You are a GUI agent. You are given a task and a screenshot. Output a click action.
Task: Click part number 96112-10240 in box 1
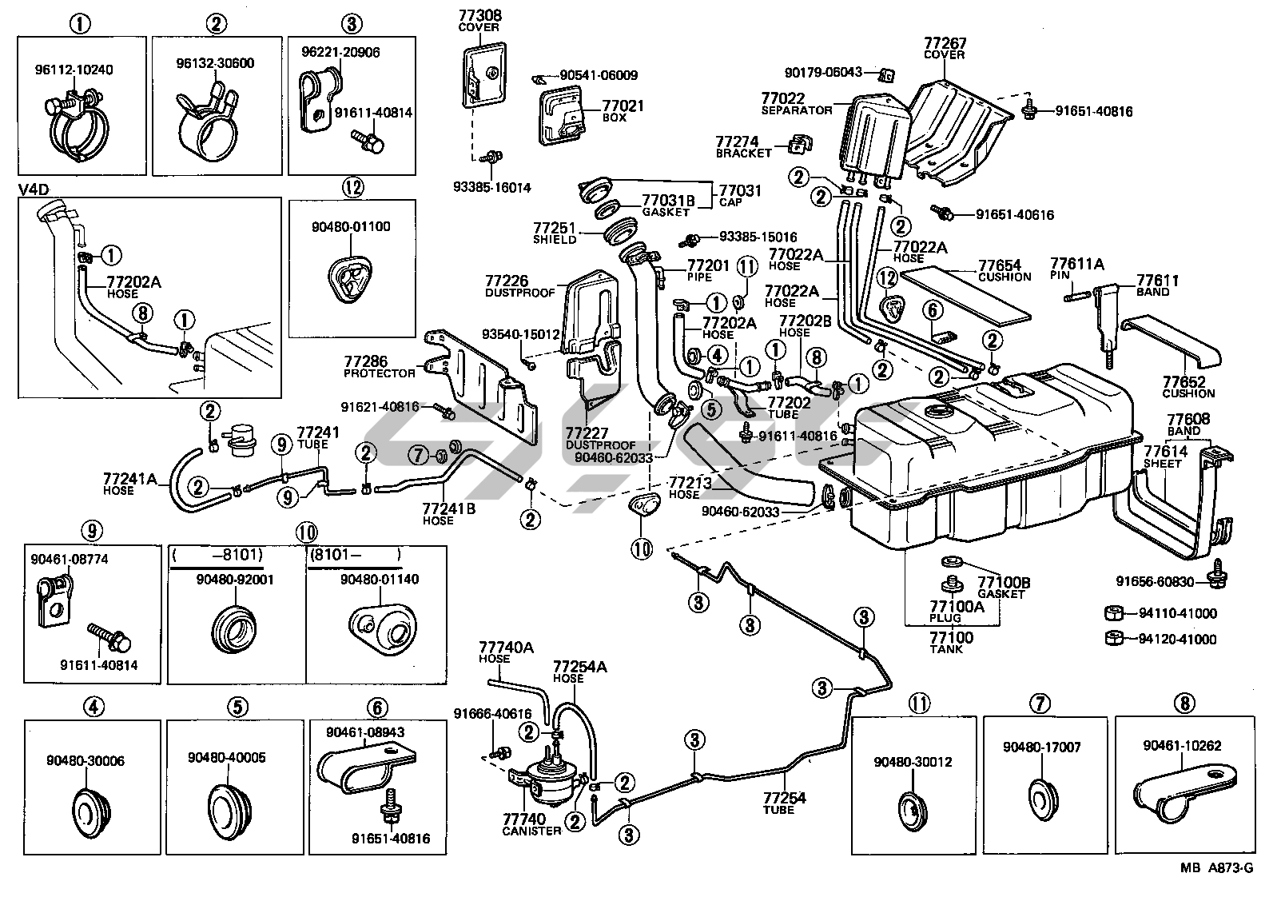(74, 70)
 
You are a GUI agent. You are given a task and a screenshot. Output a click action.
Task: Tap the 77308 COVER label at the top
(479, 20)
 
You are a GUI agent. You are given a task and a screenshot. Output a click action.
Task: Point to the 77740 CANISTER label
(525, 824)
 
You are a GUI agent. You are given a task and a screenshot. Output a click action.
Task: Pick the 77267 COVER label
(945, 48)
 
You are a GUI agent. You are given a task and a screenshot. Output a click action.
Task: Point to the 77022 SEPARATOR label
(797, 104)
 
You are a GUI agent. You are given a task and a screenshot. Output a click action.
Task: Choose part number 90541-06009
(599, 76)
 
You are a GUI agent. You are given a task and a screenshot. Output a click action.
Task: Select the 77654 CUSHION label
(1005, 270)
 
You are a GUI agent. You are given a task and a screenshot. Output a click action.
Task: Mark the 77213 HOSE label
(686, 488)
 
